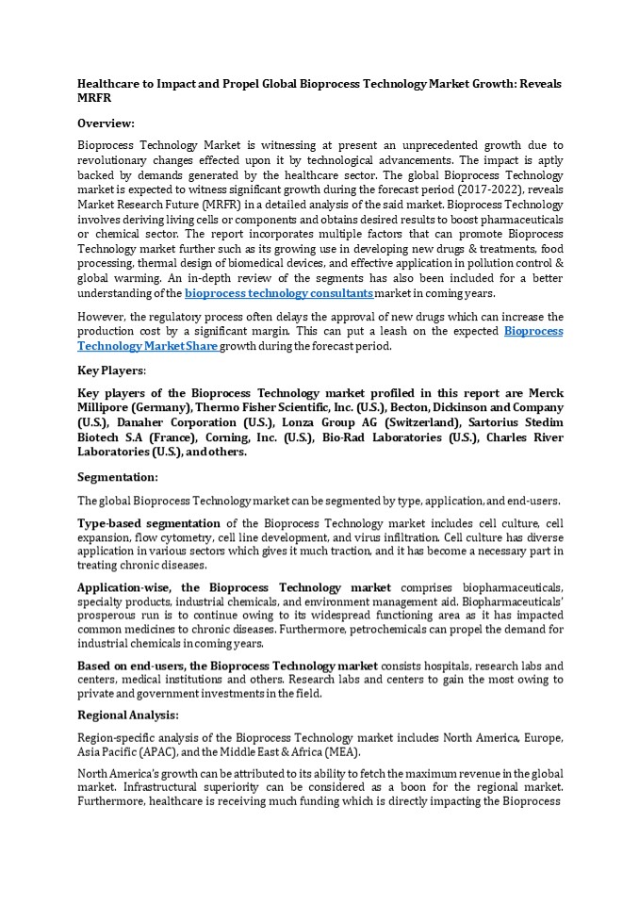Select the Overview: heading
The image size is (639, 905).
coord(106,123)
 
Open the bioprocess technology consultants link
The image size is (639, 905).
coord(279,294)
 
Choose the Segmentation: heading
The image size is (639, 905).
coord(118,477)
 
